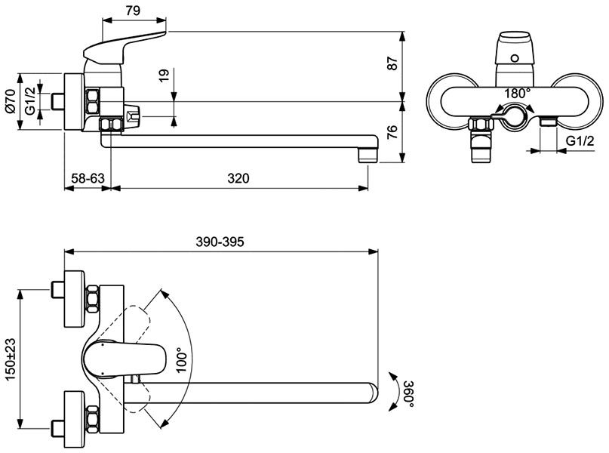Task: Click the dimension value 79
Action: tap(133, 11)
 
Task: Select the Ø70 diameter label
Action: tap(11, 99)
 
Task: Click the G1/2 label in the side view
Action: tap(30, 99)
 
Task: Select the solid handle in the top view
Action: tap(125, 358)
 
